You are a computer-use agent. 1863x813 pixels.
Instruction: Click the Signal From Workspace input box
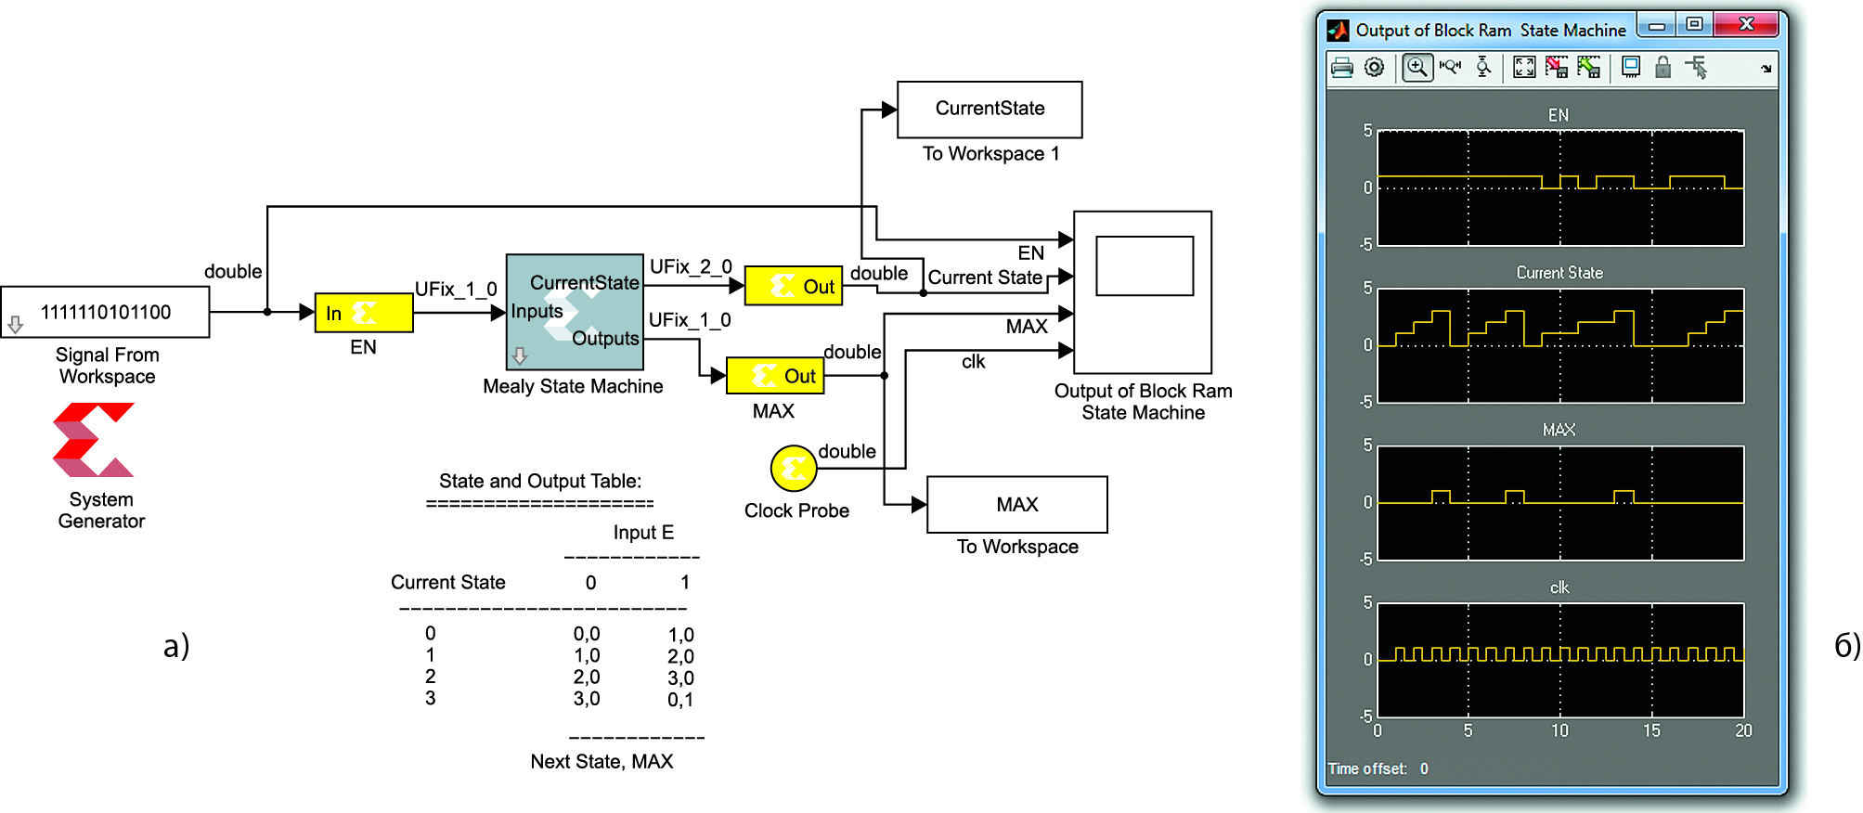105,312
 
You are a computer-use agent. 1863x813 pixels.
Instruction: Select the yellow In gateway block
364,313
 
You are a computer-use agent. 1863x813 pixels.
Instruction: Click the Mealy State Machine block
575,312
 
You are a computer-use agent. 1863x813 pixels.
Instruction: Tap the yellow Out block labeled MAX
775,376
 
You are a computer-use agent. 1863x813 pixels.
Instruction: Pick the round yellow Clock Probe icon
794,469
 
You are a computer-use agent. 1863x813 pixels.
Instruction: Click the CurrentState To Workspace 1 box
990,110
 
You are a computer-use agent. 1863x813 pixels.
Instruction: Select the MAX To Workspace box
1017,505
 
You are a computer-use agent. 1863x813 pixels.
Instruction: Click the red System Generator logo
94,440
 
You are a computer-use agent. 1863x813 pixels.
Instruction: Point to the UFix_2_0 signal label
691,267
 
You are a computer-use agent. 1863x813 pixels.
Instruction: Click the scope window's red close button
1746,25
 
